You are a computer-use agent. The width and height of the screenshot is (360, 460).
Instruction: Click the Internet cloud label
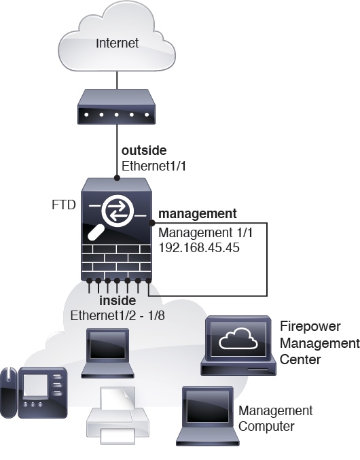(118, 43)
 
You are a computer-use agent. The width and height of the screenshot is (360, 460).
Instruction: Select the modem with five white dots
(116, 107)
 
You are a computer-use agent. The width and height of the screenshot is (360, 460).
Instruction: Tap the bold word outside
(144, 150)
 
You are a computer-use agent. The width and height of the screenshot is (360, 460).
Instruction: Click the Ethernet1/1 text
(154, 166)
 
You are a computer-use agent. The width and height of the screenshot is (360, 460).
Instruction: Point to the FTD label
(64, 205)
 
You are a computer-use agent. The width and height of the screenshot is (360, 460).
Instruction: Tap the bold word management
(198, 214)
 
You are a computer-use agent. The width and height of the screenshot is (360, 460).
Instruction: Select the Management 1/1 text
(206, 233)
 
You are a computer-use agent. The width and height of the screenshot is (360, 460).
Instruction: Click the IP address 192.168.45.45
(199, 247)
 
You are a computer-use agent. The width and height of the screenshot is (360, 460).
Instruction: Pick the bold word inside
(118, 300)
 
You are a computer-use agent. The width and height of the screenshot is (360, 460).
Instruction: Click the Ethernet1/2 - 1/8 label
(118, 316)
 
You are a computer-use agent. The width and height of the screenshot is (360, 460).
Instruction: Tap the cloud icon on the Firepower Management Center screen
(238, 338)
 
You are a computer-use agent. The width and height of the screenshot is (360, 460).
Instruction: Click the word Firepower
(310, 326)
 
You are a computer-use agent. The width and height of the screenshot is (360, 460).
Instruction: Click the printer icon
(118, 416)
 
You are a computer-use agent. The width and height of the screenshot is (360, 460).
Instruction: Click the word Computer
(266, 426)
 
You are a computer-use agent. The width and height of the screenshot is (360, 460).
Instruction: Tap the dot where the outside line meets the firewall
(117, 178)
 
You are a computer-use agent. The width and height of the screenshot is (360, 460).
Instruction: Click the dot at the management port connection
(152, 224)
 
